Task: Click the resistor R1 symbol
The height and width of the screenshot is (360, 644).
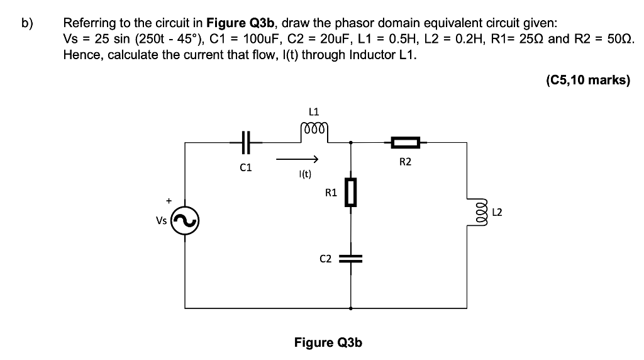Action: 350,192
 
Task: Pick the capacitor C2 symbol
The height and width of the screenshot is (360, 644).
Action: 350,258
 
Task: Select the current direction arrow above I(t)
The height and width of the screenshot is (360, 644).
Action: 298,159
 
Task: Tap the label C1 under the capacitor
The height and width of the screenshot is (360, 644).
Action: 245,168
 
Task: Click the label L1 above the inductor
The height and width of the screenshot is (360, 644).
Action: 314,112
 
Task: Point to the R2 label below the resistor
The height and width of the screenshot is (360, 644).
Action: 405,162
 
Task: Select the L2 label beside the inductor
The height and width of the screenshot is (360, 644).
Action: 496,213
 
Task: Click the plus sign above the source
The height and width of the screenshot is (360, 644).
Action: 168,200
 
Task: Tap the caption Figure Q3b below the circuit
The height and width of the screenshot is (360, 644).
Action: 328,342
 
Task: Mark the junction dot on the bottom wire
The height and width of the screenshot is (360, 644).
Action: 350,308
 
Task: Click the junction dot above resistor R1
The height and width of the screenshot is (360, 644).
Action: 350,143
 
